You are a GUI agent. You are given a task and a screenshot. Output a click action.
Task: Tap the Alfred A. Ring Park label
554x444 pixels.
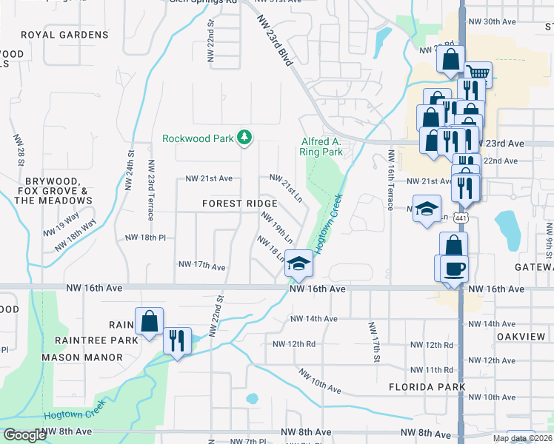[x=321, y=147]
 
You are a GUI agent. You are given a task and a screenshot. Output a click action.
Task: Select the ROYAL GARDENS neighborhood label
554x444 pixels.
[x=64, y=35]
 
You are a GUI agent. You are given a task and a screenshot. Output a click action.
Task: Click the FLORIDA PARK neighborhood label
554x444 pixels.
[x=427, y=387]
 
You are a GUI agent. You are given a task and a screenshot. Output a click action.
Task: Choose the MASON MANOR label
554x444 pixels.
[x=82, y=357]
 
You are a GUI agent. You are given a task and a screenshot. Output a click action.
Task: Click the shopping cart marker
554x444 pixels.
[x=479, y=73]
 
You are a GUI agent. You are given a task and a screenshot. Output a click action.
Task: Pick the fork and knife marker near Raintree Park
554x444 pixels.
[x=177, y=340]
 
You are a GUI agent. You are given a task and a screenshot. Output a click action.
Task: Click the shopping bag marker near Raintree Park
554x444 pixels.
[x=149, y=321]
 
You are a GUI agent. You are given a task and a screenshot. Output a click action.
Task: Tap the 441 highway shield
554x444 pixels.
[x=461, y=218]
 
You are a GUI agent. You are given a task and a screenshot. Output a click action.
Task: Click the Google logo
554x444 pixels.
[x=24, y=435]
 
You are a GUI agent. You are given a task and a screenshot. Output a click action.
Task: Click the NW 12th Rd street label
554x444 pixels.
[x=294, y=344]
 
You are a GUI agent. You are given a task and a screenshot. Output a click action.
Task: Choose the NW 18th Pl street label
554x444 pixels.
[x=144, y=238]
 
